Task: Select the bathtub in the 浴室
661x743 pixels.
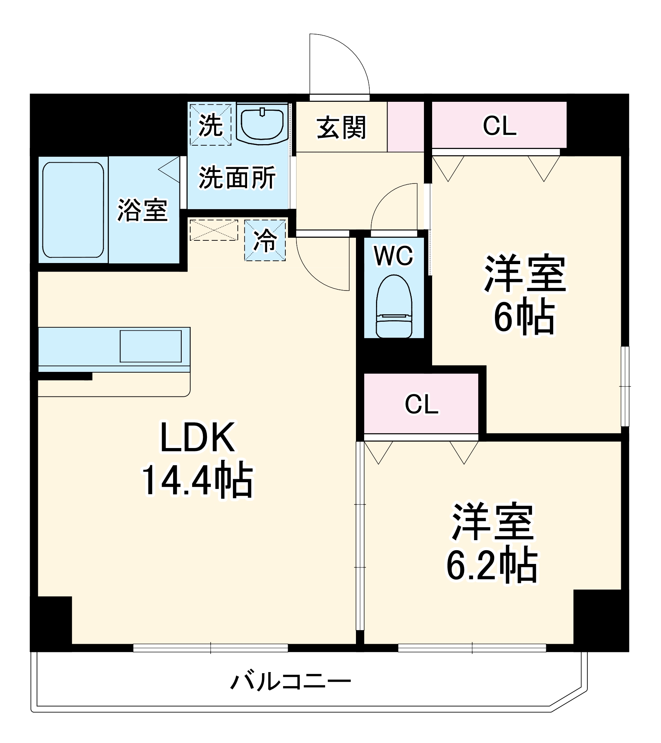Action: (73, 210)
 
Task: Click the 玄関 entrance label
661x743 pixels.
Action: (341, 127)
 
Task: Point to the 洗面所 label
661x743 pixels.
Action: (237, 178)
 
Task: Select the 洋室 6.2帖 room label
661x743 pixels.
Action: (492, 543)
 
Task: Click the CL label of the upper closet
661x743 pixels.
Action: (499, 126)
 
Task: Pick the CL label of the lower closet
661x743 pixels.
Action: (421, 404)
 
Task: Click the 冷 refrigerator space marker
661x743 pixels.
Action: (265, 240)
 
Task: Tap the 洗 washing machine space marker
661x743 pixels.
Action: (211, 125)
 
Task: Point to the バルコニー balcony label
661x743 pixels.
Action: (291, 682)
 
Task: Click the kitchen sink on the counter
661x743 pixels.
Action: (150, 346)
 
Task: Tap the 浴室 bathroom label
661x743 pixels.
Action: (143, 211)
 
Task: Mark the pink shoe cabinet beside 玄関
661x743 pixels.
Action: (405, 127)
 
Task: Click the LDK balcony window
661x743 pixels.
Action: (210, 648)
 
